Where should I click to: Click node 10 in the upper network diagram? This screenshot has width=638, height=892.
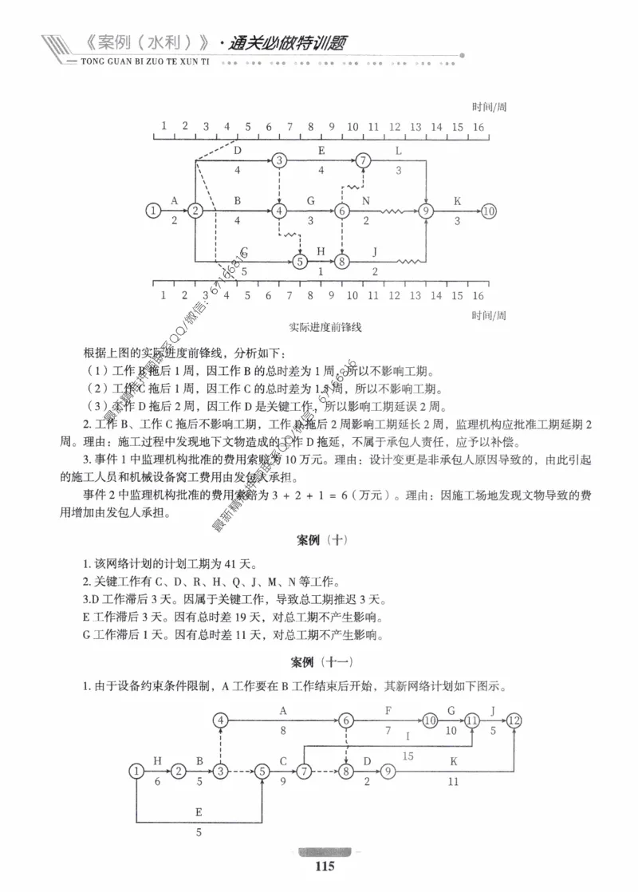[x=489, y=211]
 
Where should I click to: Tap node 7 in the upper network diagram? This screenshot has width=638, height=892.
[x=364, y=160]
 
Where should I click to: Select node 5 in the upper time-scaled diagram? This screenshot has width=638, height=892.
[x=300, y=261]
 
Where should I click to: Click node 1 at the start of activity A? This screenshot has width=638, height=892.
[x=152, y=211]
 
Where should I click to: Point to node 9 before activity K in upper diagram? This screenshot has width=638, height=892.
[x=427, y=211]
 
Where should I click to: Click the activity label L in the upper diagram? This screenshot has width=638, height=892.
[x=399, y=150]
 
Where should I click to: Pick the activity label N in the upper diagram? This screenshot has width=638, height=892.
[x=366, y=200]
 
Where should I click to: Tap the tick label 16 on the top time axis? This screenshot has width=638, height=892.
[x=478, y=126]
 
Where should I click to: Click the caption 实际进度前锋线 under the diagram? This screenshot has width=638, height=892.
[x=321, y=327]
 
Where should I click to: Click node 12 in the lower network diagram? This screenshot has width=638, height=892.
[x=514, y=720]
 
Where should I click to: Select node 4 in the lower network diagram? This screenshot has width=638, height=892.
[x=221, y=720]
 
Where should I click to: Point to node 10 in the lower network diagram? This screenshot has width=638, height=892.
[x=431, y=720]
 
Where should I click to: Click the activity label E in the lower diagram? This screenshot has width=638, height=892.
[x=199, y=811]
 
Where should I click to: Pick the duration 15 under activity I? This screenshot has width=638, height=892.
[x=408, y=755]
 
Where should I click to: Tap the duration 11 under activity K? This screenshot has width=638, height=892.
[x=453, y=783]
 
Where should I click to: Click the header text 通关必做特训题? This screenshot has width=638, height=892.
[x=287, y=43]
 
